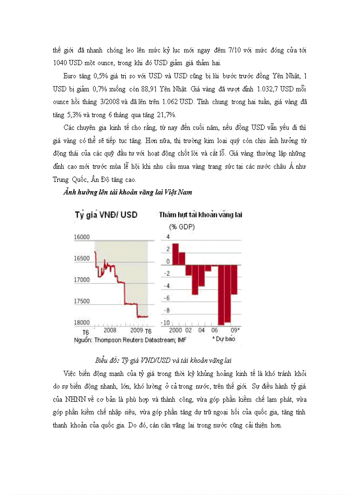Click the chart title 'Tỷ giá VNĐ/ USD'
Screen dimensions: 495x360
(105, 215)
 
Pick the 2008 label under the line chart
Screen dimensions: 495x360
(110, 330)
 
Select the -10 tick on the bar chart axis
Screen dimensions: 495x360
(164, 323)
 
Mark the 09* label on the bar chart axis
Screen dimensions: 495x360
(235, 330)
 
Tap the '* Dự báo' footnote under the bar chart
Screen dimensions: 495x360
(224, 339)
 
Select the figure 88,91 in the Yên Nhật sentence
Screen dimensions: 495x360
(151, 89)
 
